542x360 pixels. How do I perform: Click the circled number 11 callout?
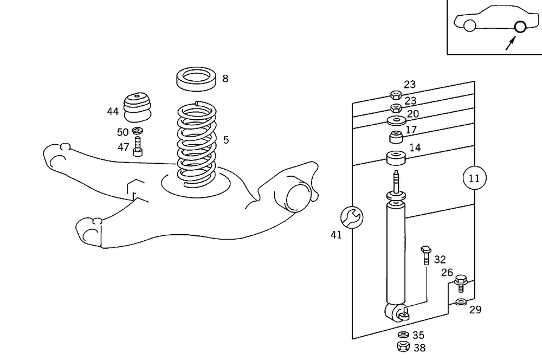coord(474,177)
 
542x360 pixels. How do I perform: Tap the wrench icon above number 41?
coord(351,217)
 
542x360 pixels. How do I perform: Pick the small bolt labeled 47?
coord(138,147)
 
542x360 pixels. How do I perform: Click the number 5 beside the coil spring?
coord(225,140)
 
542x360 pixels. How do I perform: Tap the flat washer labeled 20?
coord(396,120)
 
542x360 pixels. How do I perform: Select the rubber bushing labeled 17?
coord(396,135)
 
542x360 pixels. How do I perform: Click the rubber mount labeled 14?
coord(396,158)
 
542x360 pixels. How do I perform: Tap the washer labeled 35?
coord(403,335)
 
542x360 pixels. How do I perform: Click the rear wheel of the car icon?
coord(520,26)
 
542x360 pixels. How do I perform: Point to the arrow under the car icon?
coord(510,43)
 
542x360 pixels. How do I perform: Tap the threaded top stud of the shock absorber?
coord(396,179)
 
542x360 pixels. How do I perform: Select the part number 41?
coord(337,235)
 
